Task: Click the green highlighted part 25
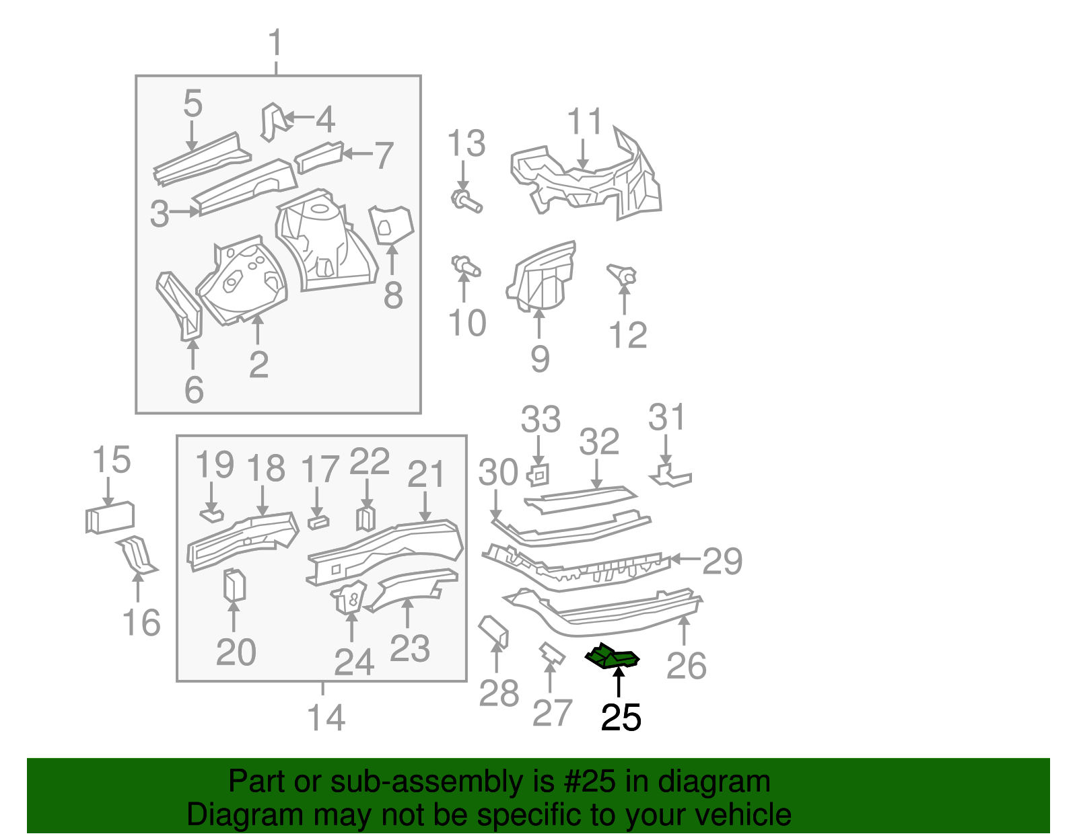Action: (x=612, y=657)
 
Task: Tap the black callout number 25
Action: (x=621, y=718)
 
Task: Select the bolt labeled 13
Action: (x=466, y=200)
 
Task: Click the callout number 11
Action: (x=584, y=122)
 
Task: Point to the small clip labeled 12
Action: (x=623, y=275)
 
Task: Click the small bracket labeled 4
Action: (x=272, y=121)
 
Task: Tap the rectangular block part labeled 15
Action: (x=110, y=518)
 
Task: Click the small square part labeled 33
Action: (x=538, y=475)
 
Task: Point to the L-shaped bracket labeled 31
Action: (x=670, y=475)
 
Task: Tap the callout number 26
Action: (x=686, y=666)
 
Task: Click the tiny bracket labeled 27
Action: (x=551, y=652)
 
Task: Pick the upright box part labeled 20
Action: (x=234, y=584)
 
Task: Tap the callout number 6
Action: (x=194, y=390)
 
